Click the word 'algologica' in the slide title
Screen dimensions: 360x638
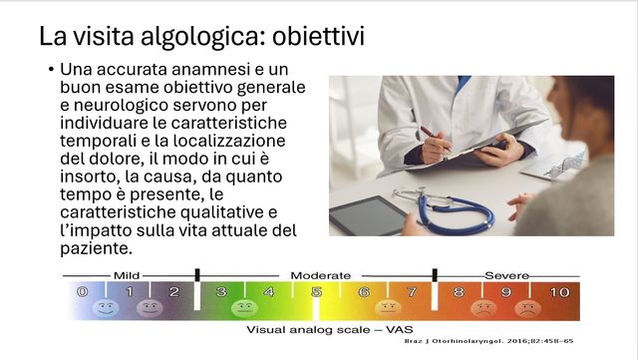click(175, 38)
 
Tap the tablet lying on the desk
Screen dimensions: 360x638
click(367, 213)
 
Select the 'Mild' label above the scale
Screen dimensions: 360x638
click(127, 274)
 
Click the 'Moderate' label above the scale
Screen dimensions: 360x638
click(320, 274)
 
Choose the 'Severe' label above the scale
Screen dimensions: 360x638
click(506, 274)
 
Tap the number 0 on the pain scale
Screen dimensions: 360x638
click(82, 292)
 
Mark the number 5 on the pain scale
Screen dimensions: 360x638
click(316, 292)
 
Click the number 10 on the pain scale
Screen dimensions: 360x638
click(559, 292)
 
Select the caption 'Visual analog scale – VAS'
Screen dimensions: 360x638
click(317, 329)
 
